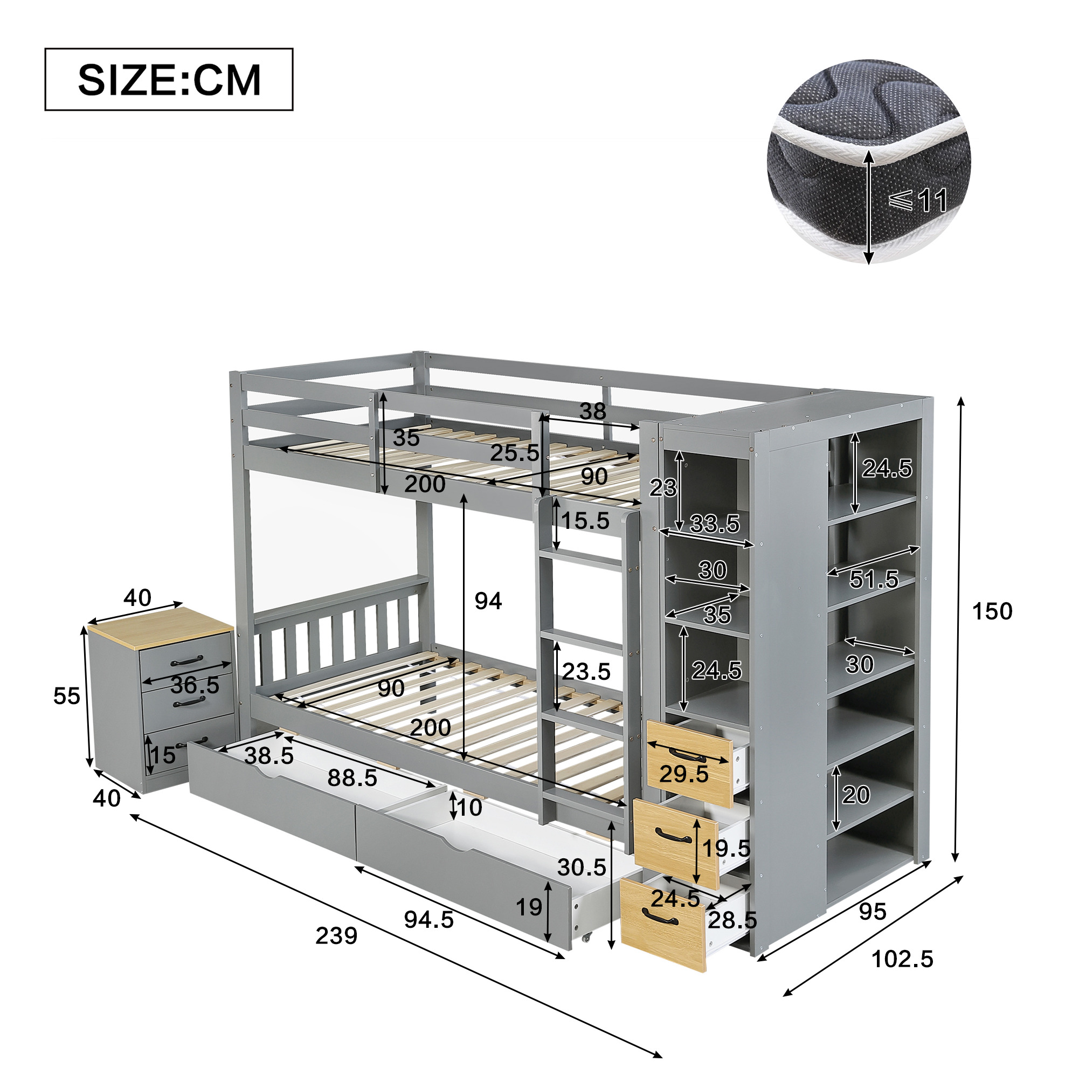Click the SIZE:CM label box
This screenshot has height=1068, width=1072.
(x=169, y=79)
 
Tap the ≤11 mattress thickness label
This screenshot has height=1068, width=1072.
(x=918, y=201)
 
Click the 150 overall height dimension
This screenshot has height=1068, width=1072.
(x=992, y=611)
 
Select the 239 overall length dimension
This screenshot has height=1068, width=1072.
(x=336, y=936)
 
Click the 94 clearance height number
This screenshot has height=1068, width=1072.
(x=488, y=601)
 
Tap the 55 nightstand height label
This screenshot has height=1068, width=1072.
(x=67, y=696)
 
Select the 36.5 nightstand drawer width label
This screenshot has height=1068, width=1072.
(x=195, y=685)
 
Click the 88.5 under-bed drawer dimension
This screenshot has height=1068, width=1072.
(x=352, y=778)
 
